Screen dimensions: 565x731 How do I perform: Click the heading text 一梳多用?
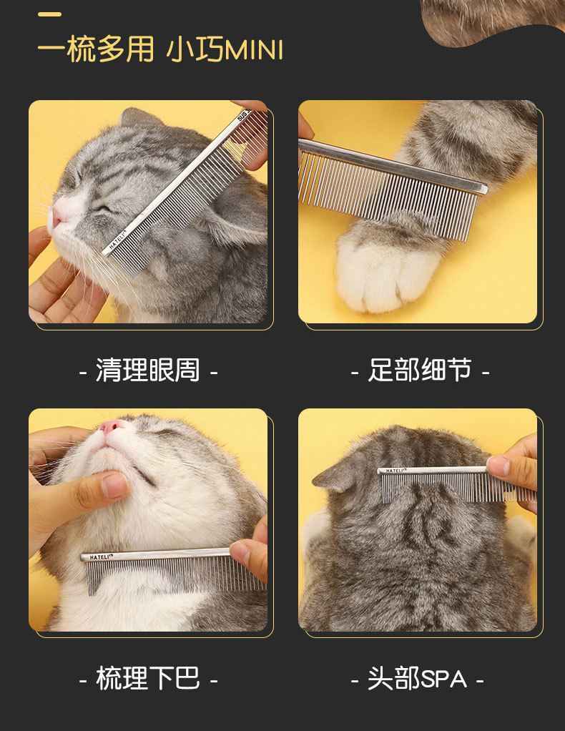[96, 49]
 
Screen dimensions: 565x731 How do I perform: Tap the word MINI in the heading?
[254, 50]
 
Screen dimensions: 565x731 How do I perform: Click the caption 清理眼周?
[148, 371]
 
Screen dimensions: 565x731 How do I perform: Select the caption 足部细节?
[420, 371]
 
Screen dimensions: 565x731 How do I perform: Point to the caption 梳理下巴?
[148, 678]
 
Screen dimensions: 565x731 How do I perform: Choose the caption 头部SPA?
[417, 678]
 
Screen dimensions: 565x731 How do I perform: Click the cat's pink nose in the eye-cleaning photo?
[57, 216]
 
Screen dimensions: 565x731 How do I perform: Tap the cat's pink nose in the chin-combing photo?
[112, 426]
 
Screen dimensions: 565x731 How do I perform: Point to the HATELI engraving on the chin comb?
[101, 556]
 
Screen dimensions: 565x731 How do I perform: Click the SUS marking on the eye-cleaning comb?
[243, 114]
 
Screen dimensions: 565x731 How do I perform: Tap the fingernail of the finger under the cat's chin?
[114, 486]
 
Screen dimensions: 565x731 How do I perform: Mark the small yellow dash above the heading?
[49, 14]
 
